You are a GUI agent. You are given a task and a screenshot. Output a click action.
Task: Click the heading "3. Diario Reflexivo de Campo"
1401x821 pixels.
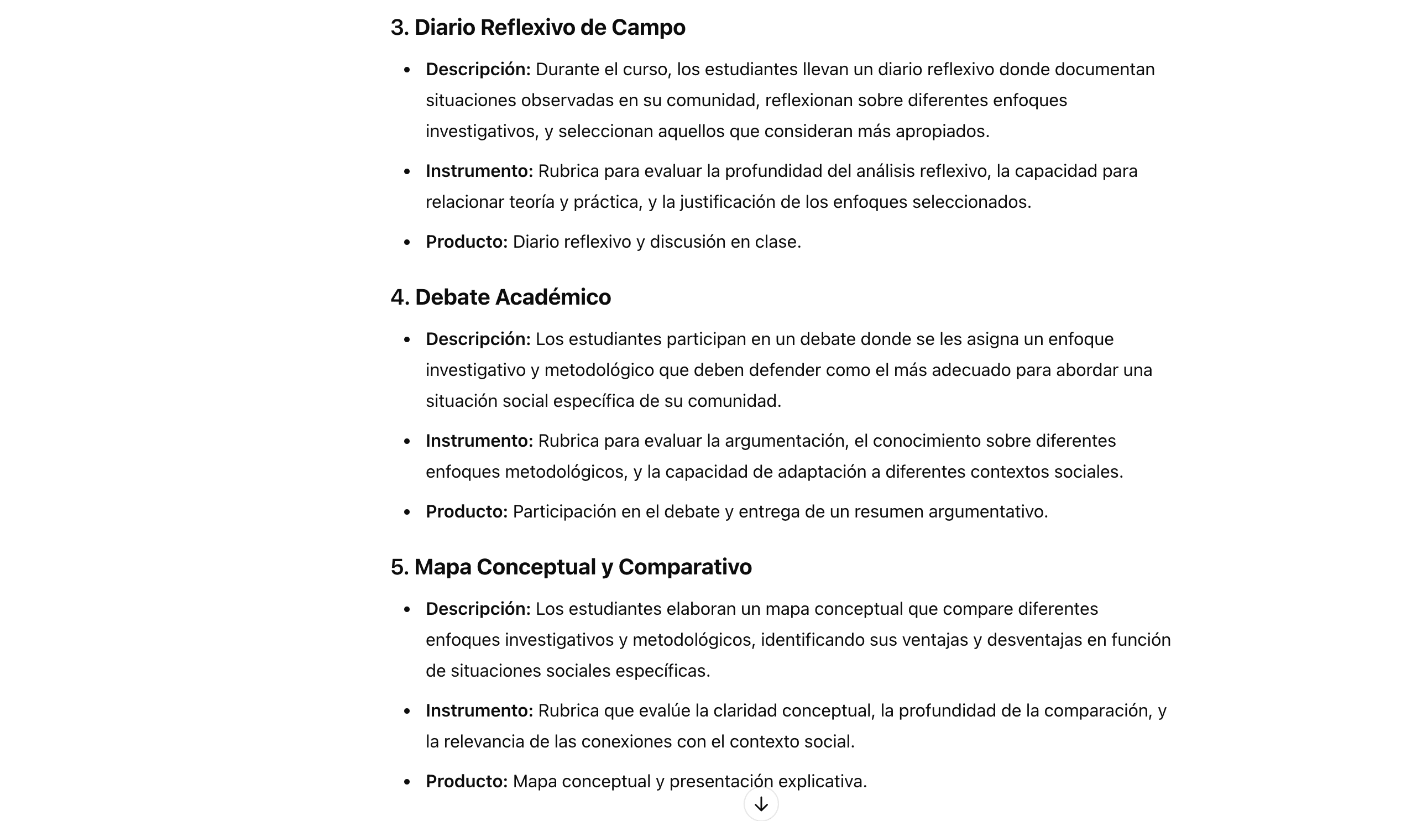(x=537, y=27)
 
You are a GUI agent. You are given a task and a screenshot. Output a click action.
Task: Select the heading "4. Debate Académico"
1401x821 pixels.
(x=500, y=297)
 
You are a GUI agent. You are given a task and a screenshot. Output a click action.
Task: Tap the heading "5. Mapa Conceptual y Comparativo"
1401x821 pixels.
(x=571, y=567)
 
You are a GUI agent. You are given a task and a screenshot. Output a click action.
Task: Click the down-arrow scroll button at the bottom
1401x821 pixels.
(x=761, y=804)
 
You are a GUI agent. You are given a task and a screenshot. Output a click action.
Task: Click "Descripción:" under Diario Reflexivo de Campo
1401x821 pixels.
(x=478, y=70)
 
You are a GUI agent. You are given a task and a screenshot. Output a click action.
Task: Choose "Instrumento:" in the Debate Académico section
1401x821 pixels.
(x=479, y=441)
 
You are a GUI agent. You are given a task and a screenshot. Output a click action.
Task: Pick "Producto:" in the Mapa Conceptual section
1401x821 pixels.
(x=467, y=782)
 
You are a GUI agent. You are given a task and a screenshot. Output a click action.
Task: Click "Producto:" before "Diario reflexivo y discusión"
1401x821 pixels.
(x=467, y=242)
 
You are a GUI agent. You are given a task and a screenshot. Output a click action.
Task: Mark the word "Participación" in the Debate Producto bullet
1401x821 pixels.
(x=564, y=511)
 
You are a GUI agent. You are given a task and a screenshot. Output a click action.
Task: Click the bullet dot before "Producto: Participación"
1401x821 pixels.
(x=407, y=512)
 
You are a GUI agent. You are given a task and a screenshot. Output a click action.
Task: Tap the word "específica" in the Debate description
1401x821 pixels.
(x=593, y=401)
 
